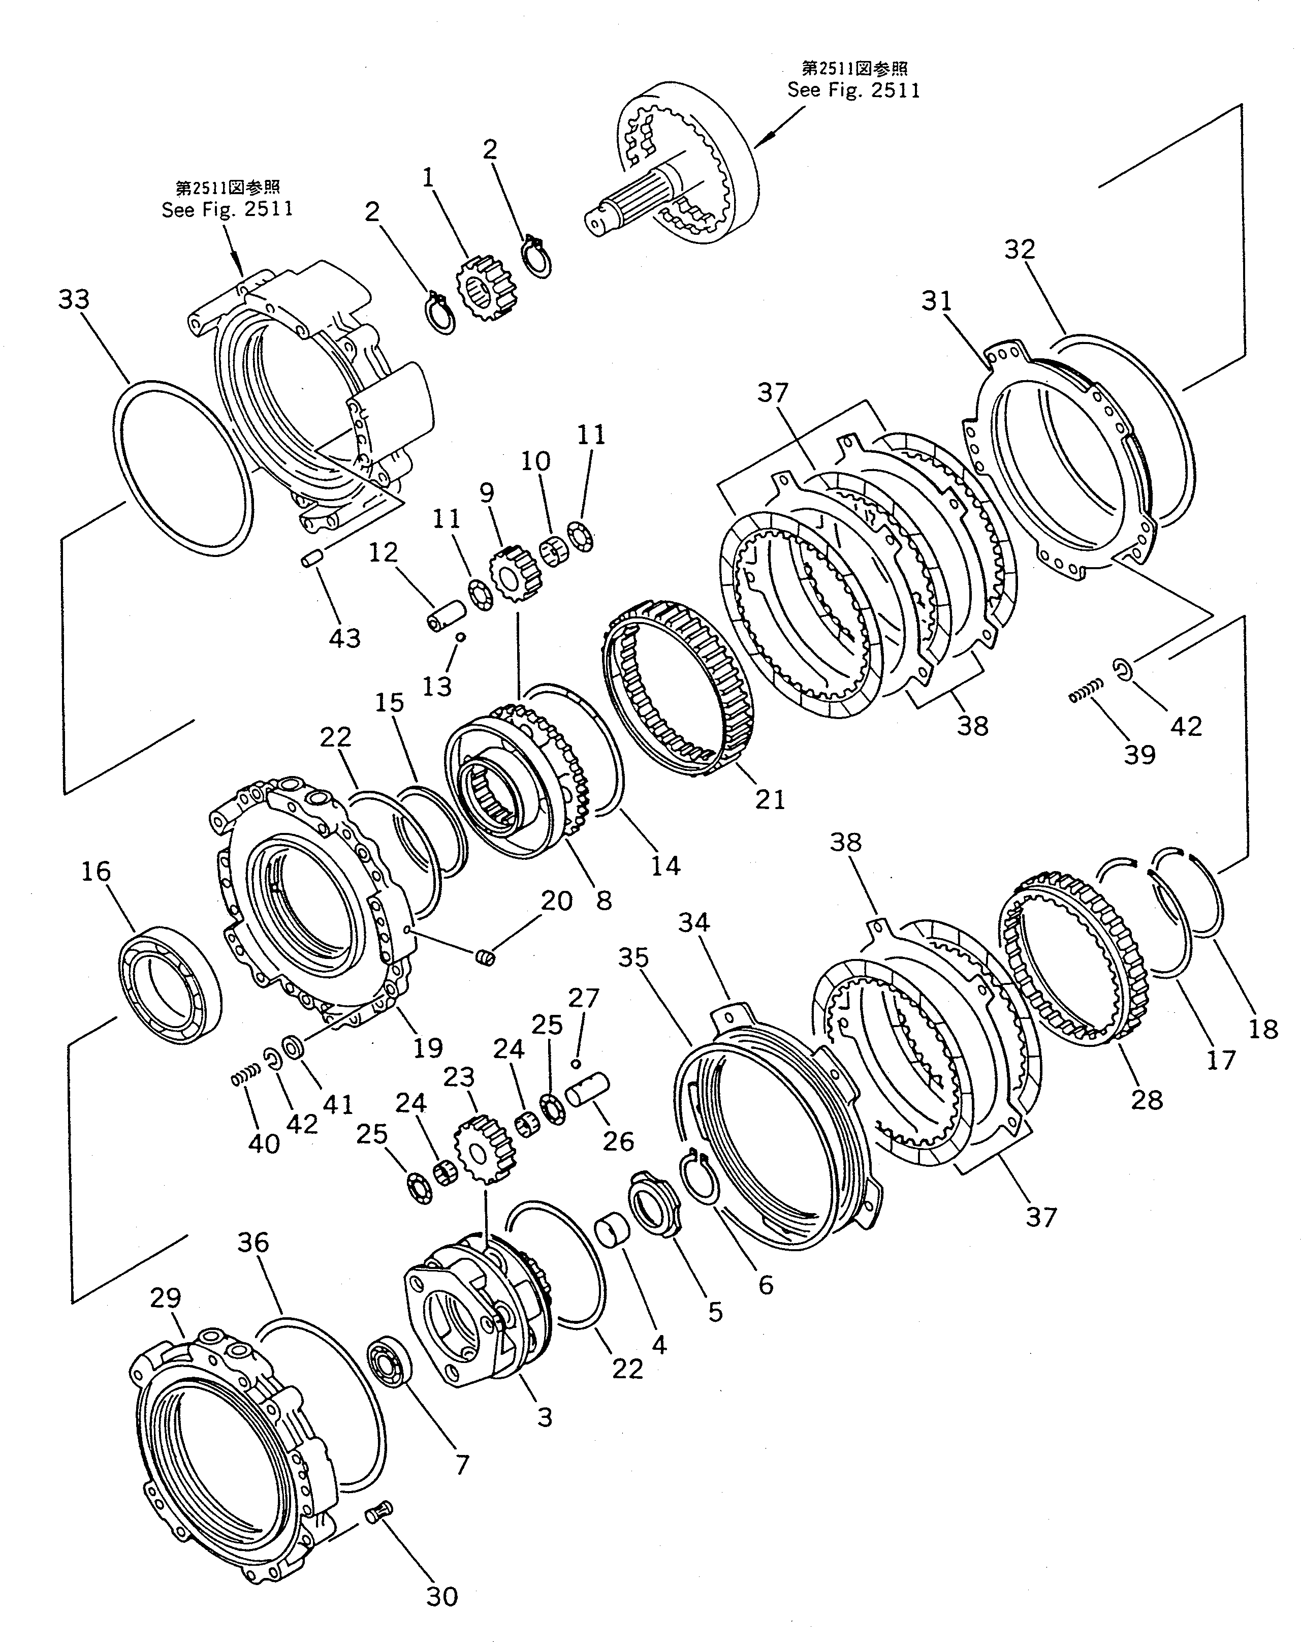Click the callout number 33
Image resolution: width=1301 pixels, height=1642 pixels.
[74, 299]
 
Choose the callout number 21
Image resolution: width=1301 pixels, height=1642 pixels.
[769, 799]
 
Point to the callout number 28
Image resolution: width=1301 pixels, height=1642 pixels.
[1147, 1100]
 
